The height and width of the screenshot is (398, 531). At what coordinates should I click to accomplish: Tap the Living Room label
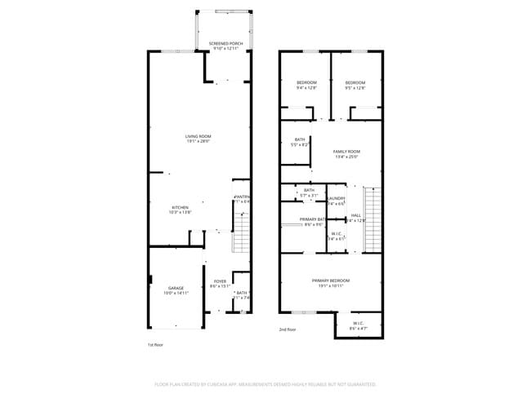[x=198, y=136]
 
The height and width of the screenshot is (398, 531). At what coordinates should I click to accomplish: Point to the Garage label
[x=176, y=288]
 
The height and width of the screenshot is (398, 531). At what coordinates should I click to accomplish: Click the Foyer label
[x=220, y=282]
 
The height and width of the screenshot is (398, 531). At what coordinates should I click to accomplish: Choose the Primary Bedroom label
[x=331, y=281]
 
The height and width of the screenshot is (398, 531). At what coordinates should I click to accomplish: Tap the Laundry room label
[x=336, y=198]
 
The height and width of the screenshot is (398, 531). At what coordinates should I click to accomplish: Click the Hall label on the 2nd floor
[x=355, y=215]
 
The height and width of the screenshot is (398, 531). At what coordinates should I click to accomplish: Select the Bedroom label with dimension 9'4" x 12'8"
[x=306, y=82]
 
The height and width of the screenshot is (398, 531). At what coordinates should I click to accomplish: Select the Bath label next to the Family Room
[x=300, y=139]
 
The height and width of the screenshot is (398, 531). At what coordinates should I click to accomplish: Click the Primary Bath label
[x=312, y=219]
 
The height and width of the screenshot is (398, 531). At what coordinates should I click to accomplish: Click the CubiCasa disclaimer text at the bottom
[x=265, y=383]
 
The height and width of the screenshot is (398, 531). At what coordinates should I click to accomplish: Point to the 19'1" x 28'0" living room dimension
[x=198, y=141]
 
